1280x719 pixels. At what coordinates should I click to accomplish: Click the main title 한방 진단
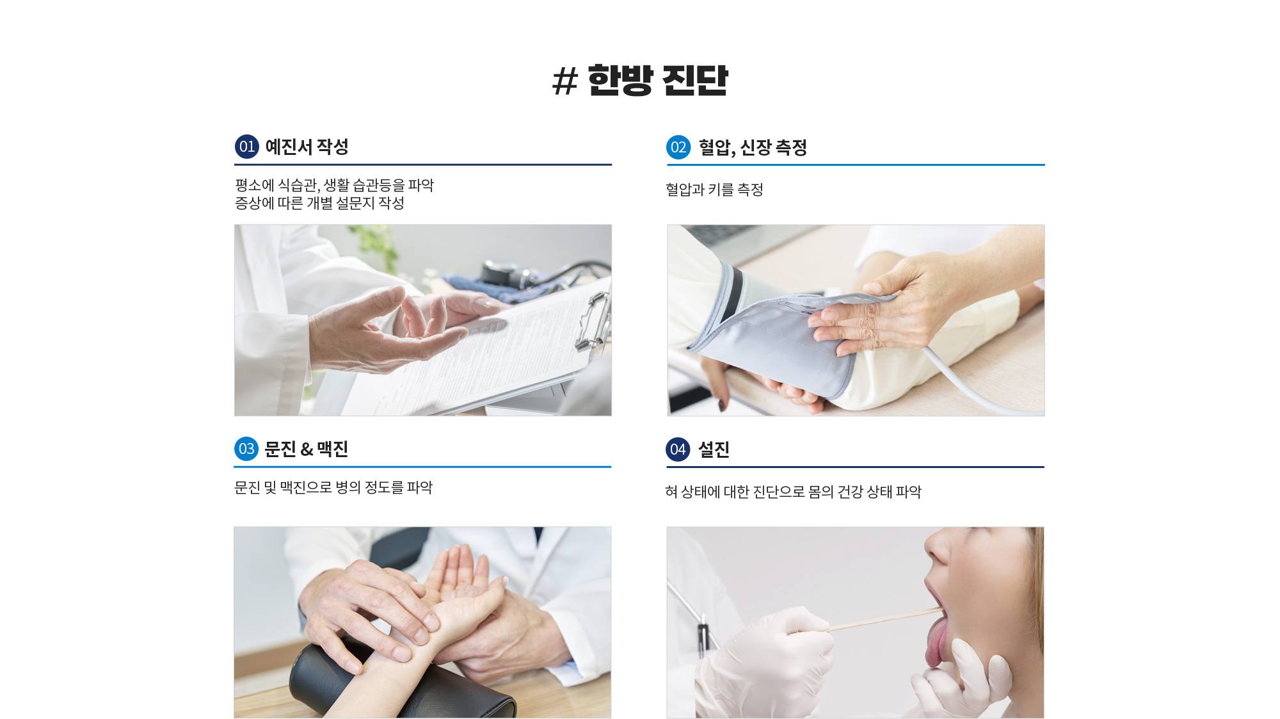(658, 80)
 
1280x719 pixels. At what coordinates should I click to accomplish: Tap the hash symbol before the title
(564, 81)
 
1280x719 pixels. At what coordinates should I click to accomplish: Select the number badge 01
(247, 147)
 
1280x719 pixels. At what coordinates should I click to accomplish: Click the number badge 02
(678, 147)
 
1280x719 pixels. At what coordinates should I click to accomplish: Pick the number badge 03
(246, 449)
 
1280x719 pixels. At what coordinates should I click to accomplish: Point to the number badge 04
(678, 449)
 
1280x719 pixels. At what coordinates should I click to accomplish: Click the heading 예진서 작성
(307, 147)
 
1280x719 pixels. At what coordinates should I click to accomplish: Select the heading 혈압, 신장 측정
(753, 148)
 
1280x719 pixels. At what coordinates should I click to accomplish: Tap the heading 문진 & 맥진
(306, 449)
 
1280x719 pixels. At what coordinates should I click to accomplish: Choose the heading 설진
(714, 449)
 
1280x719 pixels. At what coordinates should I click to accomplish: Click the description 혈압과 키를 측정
(714, 190)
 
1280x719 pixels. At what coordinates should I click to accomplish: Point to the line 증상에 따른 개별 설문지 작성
(319, 203)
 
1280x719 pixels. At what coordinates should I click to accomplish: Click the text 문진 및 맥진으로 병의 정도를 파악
(333, 487)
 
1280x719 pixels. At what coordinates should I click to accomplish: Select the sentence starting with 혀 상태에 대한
(793, 492)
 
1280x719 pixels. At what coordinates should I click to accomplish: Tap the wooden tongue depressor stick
(884, 620)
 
